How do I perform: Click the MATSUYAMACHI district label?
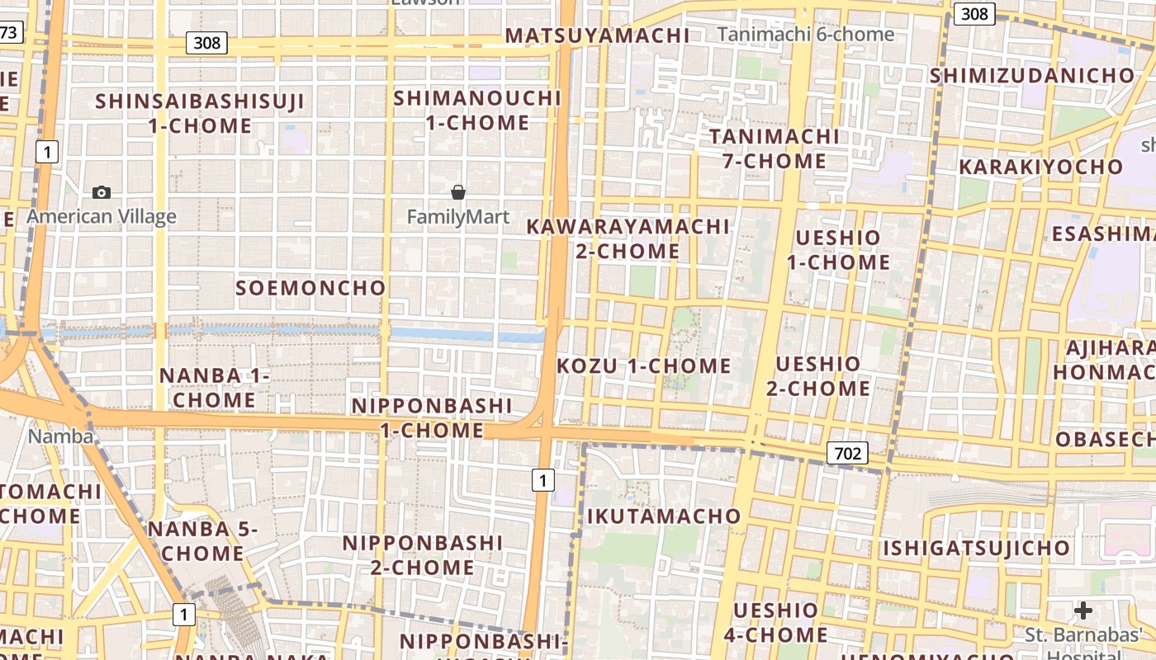pyautogui.click(x=597, y=35)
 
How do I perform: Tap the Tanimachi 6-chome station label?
pyautogui.click(x=805, y=34)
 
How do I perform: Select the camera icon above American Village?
pyautogui.click(x=102, y=192)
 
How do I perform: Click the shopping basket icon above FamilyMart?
pyautogui.click(x=458, y=192)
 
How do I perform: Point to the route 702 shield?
pyautogui.click(x=847, y=453)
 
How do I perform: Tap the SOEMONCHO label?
pyautogui.click(x=310, y=288)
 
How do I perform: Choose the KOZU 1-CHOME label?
pyautogui.click(x=644, y=365)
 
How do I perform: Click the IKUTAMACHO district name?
pyautogui.click(x=664, y=516)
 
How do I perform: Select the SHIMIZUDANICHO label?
pyautogui.click(x=1032, y=76)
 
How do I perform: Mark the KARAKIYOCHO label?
pyautogui.click(x=1040, y=167)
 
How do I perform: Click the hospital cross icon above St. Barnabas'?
pyautogui.click(x=1083, y=610)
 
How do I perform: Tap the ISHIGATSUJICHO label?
pyautogui.click(x=977, y=548)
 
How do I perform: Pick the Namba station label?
pyautogui.click(x=61, y=436)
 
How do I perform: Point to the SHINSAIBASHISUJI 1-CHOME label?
pyautogui.click(x=200, y=114)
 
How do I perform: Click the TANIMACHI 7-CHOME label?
pyautogui.click(x=774, y=148)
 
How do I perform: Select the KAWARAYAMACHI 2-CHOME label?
pyautogui.click(x=628, y=238)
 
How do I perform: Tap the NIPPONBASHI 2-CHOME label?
pyautogui.click(x=422, y=555)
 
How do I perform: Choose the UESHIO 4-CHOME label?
pyautogui.click(x=775, y=622)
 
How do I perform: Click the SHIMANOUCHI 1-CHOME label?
pyautogui.click(x=477, y=111)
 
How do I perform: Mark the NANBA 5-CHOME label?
pyautogui.click(x=203, y=541)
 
